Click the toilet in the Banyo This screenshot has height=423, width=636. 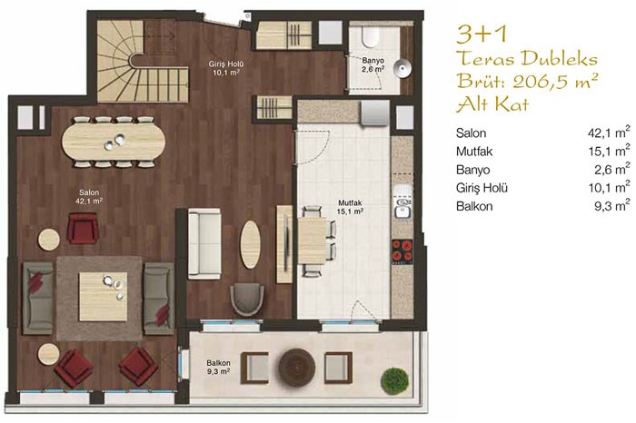(x=370, y=37)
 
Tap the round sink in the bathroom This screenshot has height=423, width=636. (x=402, y=68)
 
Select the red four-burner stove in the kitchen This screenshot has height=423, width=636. (x=402, y=251)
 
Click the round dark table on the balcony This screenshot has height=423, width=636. (x=296, y=367)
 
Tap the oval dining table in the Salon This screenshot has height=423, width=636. (x=114, y=142)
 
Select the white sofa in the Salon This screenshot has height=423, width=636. (x=204, y=244)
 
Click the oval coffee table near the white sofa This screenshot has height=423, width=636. (x=250, y=244)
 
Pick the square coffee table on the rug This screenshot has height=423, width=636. (x=103, y=297)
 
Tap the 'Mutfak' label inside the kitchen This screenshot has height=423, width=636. (x=350, y=202)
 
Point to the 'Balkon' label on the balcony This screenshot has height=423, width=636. (x=218, y=363)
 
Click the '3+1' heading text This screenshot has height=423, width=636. (x=482, y=34)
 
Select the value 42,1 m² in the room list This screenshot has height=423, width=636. (x=609, y=133)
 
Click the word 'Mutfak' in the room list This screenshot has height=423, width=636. (x=474, y=152)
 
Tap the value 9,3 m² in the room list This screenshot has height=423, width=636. (x=612, y=205)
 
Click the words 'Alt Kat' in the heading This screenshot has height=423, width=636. (x=492, y=104)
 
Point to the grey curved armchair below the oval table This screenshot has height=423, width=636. (x=246, y=300)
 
